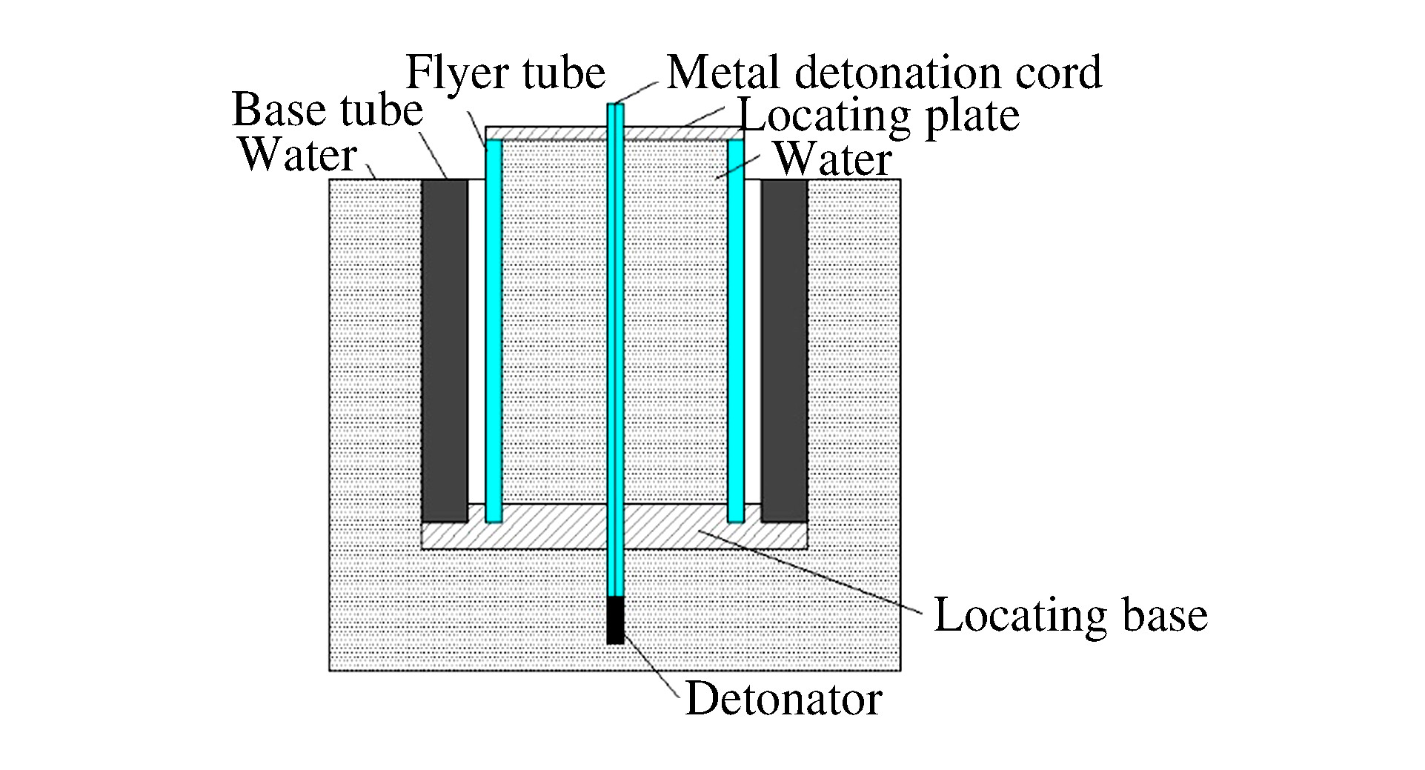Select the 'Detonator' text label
[x=783, y=699]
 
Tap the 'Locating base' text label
[x=1070, y=615]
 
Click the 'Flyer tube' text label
[x=505, y=73]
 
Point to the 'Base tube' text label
[x=328, y=110]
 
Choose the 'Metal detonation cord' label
[x=884, y=73]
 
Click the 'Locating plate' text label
[x=880, y=116]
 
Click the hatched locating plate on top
[x=548, y=133]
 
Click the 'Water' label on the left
[x=298, y=156]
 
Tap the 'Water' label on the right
[x=832, y=160]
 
